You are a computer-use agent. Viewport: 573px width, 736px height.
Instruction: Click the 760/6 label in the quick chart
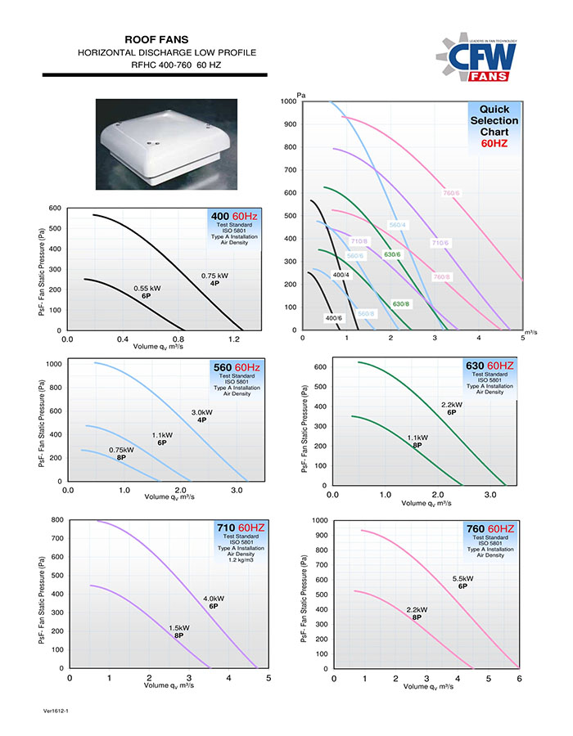click(450, 193)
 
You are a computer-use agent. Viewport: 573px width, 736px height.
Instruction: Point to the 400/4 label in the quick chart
click(341, 275)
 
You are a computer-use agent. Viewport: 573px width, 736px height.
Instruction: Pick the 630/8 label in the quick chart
click(401, 304)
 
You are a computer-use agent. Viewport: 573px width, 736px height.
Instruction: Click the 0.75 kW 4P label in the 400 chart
click(214, 279)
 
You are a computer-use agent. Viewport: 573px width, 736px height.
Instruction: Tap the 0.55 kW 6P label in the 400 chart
click(147, 291)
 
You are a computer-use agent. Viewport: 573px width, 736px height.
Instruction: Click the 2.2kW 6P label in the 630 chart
click(452, 408)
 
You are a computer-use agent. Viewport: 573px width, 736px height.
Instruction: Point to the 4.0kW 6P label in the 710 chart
click(214, 603)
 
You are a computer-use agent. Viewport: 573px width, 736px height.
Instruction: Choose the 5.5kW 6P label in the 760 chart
click(463, 583)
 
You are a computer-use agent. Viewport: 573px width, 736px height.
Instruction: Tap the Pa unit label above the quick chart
click(301, 96)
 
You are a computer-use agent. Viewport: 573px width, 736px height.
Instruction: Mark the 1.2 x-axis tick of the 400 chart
click(235, 338)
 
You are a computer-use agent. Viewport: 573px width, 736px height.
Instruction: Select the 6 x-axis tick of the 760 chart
click(520, 678)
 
